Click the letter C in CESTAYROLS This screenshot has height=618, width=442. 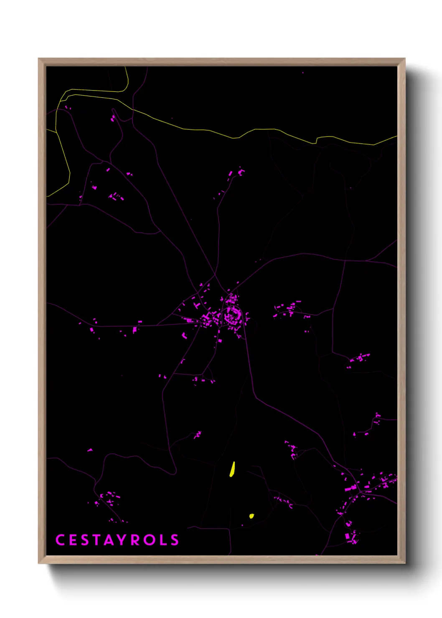(60, 540)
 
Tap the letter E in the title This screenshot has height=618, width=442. (72, 540)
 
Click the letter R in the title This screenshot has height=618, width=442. (135, 540)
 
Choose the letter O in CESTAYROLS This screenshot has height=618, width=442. (149, 540)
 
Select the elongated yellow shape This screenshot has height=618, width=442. (232, 469)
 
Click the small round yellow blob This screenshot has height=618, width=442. (251, 516)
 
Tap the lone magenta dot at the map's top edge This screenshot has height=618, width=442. (303, 73)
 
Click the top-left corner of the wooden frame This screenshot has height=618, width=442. (39, 59)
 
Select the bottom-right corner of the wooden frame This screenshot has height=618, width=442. (404, 562)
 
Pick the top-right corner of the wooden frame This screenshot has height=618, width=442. (404, 59)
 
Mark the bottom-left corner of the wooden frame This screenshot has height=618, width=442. (39, 562)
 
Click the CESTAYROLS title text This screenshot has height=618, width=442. (117, 540)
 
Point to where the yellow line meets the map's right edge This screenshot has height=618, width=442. (396, 136)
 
